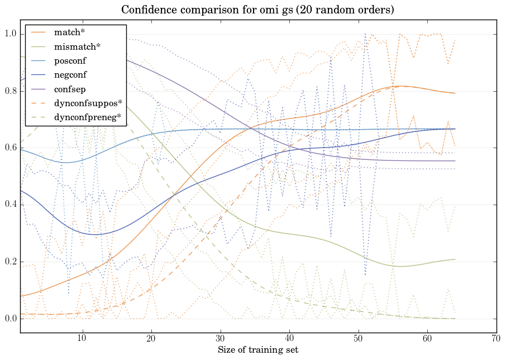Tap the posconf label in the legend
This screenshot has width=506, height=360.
tap(70, 61)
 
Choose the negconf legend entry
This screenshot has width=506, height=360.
tap(70, 75)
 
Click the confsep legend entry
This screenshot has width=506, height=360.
tap(70, 89)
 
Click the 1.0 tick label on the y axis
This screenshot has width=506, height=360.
tap(10, 34)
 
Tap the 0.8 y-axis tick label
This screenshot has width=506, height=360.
tap(10, 91)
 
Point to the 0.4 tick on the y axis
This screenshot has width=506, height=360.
tap(10, 205)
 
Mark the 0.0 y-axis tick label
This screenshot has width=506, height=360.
tap(10, 319)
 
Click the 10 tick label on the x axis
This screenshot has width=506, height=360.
tap(82, 338)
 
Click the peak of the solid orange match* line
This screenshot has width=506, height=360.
tap(400, 86)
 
